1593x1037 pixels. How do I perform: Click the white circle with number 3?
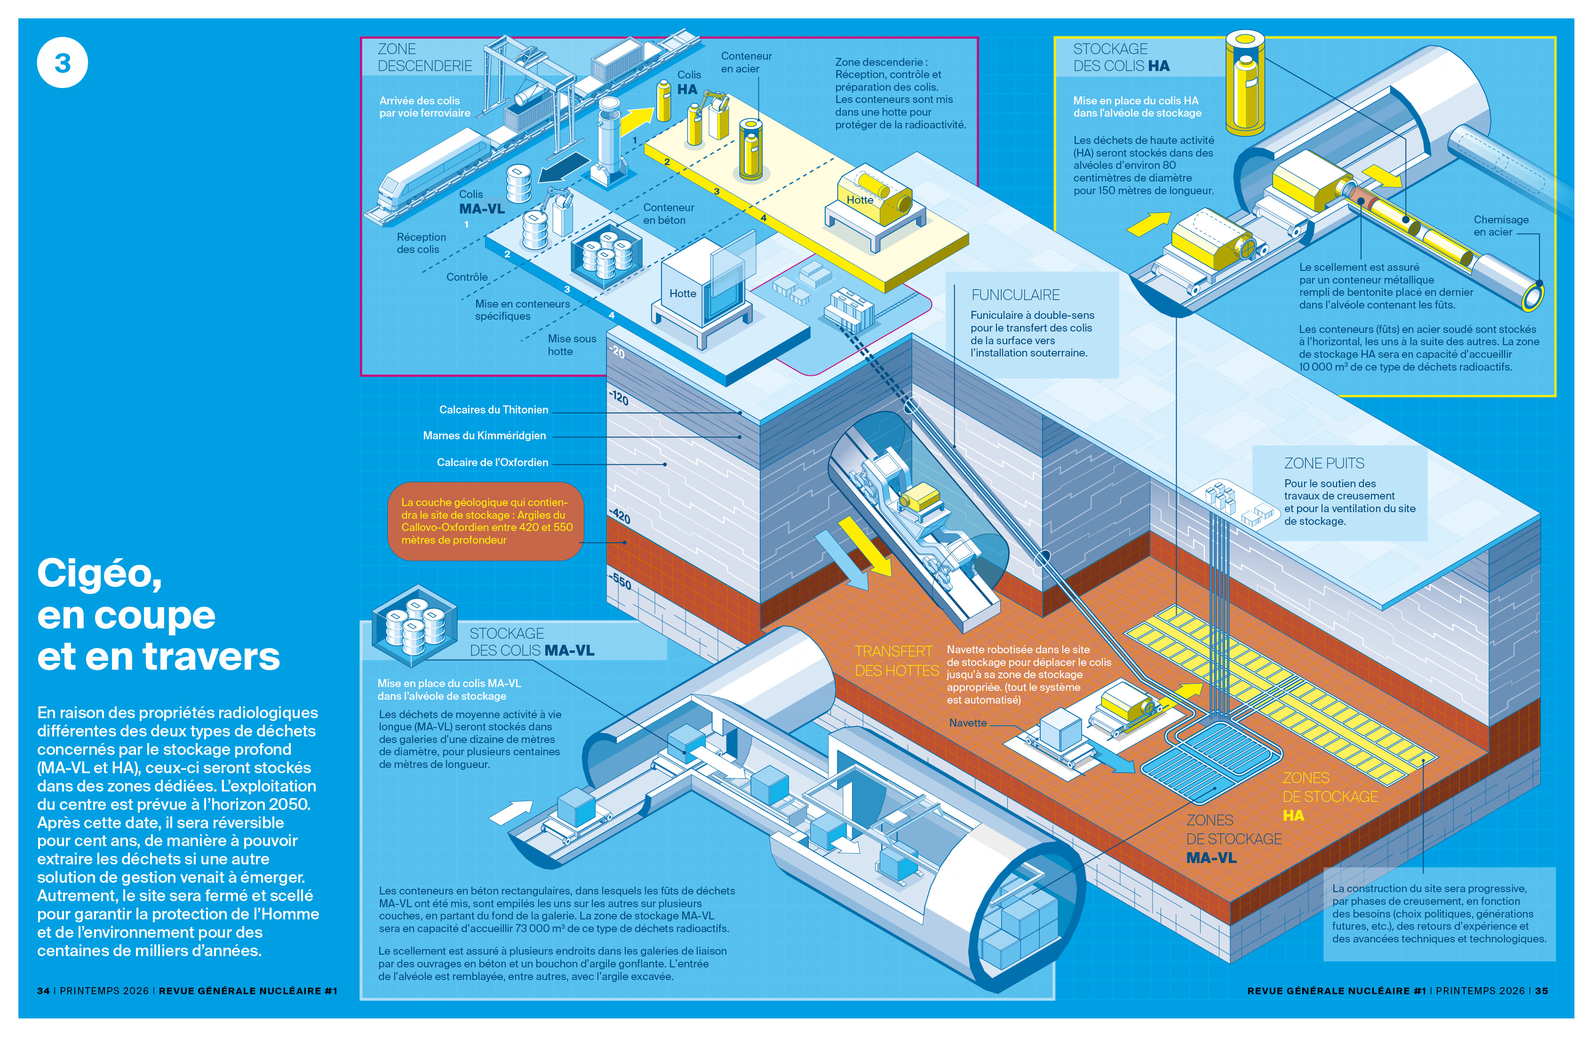click(62, 63)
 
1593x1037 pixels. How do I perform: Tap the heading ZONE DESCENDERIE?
click(424, 57)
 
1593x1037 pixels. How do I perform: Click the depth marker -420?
click(620, 516)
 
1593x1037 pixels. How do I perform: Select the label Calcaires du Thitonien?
click(494, 410)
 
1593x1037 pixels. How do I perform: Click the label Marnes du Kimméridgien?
click(484, 435)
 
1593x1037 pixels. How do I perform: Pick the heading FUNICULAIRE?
click(1015, 295)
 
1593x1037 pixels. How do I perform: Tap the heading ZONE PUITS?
click(1323, 463)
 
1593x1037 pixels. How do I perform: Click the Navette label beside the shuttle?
click(967, 722)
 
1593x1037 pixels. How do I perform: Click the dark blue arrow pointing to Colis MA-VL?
click(563, 168)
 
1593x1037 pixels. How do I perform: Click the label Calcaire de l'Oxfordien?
click(492, 462)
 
